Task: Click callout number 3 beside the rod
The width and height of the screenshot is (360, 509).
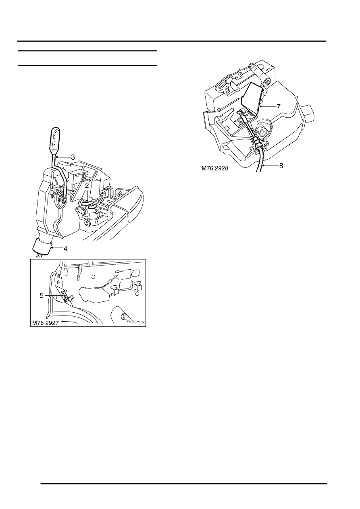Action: coord(73,157)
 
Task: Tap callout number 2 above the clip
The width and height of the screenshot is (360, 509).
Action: coord(87,186)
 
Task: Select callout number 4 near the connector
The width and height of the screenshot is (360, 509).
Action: coord(65,249)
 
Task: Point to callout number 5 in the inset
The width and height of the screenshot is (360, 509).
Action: coord(42,296)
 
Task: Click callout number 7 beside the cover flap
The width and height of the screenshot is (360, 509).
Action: coord(279,106)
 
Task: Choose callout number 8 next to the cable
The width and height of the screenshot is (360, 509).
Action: coord(281,166)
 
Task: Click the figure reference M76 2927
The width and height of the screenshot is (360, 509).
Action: coord(46,323)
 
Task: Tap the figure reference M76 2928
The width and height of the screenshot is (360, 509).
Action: coord(215,168)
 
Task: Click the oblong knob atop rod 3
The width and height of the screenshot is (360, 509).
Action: coord(55,141)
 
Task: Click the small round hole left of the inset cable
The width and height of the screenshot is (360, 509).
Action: coord(93,277)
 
